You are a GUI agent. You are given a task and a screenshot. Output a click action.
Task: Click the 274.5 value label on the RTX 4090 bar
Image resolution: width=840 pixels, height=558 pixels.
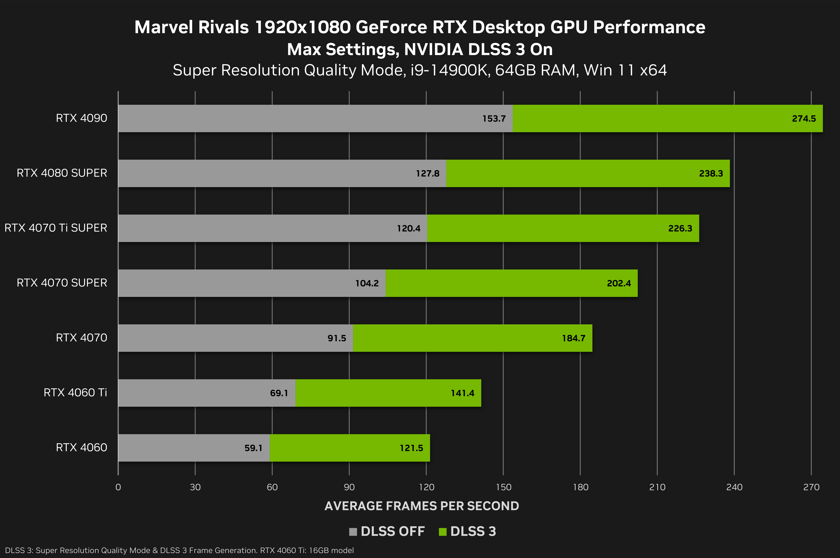(x=804, y=119)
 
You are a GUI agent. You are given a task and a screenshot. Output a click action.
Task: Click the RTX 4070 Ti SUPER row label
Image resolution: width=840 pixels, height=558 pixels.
(x=56, y=228)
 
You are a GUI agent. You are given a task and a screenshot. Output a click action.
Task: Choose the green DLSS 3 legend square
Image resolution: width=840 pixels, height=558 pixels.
(x=443, y=532)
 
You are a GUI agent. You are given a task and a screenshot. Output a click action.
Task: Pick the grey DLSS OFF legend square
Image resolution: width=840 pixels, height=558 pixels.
(x=353, y=532)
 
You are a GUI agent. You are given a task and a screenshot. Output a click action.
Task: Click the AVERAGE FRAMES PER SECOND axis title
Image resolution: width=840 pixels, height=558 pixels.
(x=422, y=506)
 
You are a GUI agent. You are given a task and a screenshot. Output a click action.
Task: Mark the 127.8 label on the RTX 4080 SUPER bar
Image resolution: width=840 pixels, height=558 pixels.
(x=428, y=173)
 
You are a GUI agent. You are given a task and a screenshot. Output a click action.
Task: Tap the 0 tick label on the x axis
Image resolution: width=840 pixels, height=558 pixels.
(x=118, y=487)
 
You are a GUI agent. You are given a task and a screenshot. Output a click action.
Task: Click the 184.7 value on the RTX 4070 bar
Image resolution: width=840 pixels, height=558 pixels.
(x=574, y=338)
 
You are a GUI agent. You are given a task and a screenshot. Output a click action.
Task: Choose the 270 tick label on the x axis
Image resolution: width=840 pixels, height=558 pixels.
(x=811, y=487)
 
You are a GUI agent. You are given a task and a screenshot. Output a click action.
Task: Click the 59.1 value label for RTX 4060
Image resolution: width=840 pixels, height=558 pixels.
(x=253, y=448)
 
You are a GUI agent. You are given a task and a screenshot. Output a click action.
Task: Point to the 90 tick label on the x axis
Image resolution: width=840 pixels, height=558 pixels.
(x=349, y=487)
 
